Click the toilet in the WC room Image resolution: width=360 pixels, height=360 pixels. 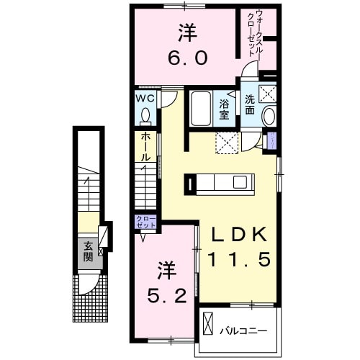pyautogui.click(x=145, y=115)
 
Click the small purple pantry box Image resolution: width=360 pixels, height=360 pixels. pyautogui.click(x=271, y=142)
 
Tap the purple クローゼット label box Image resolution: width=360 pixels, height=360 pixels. pyautogui.click(x=142, y=222)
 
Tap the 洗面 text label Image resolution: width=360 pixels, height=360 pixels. pyautogui.click(x=249, y=104)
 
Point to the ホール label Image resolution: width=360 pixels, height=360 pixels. pyautogui.click(x=144, y=146)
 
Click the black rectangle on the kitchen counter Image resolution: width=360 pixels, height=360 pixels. pyautogui.click(x=189, y=184)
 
